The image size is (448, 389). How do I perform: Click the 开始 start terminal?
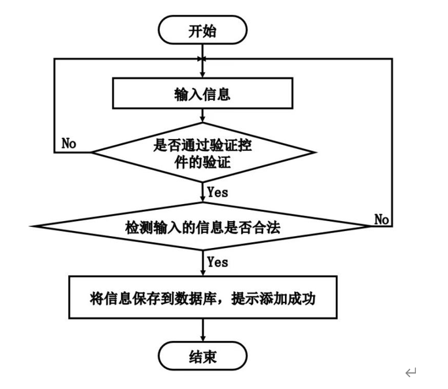pyautogui.click(x=202, y=30)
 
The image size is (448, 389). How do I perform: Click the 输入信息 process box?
pyautogui.click(x=202, y=94)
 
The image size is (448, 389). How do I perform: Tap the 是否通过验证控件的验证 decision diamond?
pyautogui.click(x=202, y=152)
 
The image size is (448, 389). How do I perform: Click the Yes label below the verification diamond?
pyautogui.click(x=217, y=192)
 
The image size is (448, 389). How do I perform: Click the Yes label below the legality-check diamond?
pyautogui.click(x=217, y=262)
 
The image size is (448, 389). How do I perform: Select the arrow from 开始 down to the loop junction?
pyautogui.click(x=202, y=52)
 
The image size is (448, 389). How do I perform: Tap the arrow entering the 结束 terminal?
pyautogui.click(x=202, y=332)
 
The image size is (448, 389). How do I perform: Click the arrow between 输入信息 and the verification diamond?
pyautogui.click(x=202, y=115)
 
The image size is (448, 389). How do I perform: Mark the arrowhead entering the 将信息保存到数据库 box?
pyautogui.click(x=202, y=273)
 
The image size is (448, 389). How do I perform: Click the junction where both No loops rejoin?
pyautogui.click(x=202, y=60)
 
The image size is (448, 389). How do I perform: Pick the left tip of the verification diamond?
pyautogui.click(x=92, y=152)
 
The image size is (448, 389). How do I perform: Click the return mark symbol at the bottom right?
pyautogui.click(x=411, y=373)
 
